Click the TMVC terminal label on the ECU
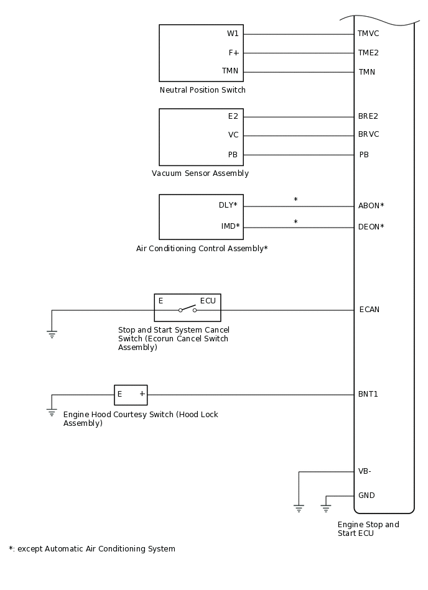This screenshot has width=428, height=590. point(368,34)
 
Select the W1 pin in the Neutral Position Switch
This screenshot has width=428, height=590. point(233,34)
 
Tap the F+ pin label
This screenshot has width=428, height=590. point(233,53)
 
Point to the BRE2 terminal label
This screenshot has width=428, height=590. point(368,116)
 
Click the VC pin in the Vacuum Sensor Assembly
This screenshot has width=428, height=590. point(233,135)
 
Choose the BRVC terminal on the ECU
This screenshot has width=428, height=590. point(368,134)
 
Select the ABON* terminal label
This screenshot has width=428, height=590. point(371,206)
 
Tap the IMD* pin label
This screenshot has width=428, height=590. point(230,226)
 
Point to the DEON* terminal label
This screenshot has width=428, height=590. point(371,227)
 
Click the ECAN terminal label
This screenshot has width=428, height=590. point(369,310)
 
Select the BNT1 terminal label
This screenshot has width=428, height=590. point(368,394)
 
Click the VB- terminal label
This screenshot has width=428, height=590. point(365,471)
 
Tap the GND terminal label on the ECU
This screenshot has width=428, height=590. point(366,496)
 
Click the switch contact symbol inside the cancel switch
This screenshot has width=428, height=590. point(187,308)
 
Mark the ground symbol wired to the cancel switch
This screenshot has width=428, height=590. point(52,334)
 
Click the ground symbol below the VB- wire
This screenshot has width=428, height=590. point(299,509)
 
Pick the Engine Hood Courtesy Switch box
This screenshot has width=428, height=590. point(131,395)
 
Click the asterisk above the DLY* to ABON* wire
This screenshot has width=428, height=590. point(295,200)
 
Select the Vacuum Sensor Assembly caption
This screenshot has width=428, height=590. point(200,173)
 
